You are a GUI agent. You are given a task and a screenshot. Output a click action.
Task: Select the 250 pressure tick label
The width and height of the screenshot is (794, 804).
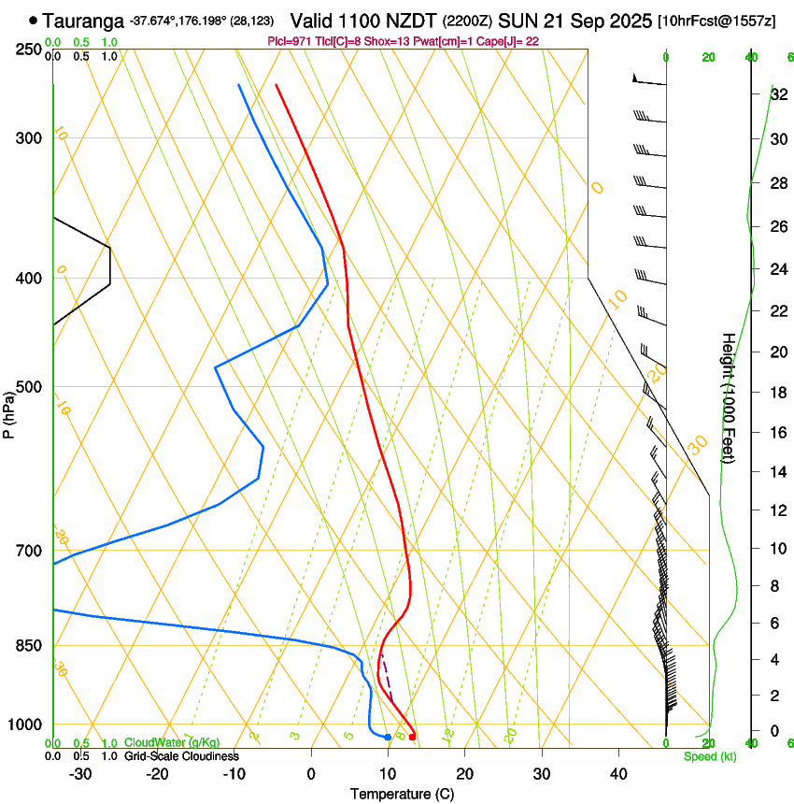click(x=29, y=50)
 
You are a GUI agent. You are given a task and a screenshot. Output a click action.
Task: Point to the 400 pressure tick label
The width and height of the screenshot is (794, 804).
click(x=29, y=279)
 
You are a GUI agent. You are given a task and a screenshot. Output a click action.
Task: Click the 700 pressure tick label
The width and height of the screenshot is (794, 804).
click(x=29, y=551)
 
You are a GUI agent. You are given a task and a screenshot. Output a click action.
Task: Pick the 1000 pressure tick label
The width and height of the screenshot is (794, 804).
click(x=25, y=725)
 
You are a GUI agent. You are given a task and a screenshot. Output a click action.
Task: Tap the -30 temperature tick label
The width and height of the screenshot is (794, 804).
click(x=80, y=774)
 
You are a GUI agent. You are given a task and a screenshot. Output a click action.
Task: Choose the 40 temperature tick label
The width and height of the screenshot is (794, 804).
click(x=617, y=774)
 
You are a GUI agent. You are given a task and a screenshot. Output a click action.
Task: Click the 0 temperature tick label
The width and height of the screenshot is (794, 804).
click(x=311, y=774)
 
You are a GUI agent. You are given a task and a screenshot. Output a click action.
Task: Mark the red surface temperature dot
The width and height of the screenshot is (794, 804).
click(x=412, y=737)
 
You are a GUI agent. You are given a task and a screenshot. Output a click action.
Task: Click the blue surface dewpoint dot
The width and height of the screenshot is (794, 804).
click(x=388, y=738)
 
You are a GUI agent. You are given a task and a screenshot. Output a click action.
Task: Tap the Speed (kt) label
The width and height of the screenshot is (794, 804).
click(x=710, y=756)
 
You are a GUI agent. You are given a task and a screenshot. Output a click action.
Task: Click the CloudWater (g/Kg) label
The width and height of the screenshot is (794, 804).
click(x=172, y=743)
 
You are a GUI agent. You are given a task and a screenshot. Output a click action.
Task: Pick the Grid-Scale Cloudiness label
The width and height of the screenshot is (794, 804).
click(x=181, y=756)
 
